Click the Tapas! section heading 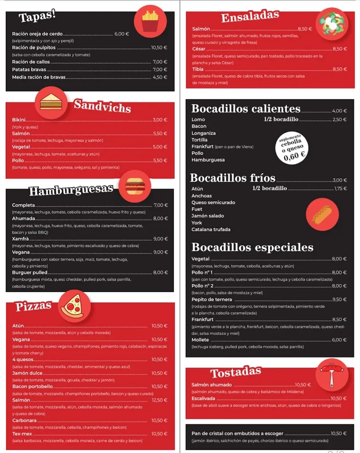(x=37, y=17)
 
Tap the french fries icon (x=150, y=21)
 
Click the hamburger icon (x=135, y=186)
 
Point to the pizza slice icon (x=74, y=306)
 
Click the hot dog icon (x=322, y=214)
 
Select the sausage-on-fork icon (x=332, y=375)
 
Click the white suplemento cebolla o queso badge (x=291, y=148)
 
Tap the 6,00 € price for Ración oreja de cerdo (x=122, y=34)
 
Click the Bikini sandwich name (x=19, y=120)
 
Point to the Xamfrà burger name (x=20, y=238)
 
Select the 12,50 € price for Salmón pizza (x=159, y=400)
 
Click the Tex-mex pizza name (x=22, y=434)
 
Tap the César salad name (x=199, y=49)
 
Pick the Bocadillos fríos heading (x=233, y=178)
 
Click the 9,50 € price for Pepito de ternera (x=339, y=299)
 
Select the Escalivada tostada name (x=203, y=399)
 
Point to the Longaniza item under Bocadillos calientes (x=203, y=133)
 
